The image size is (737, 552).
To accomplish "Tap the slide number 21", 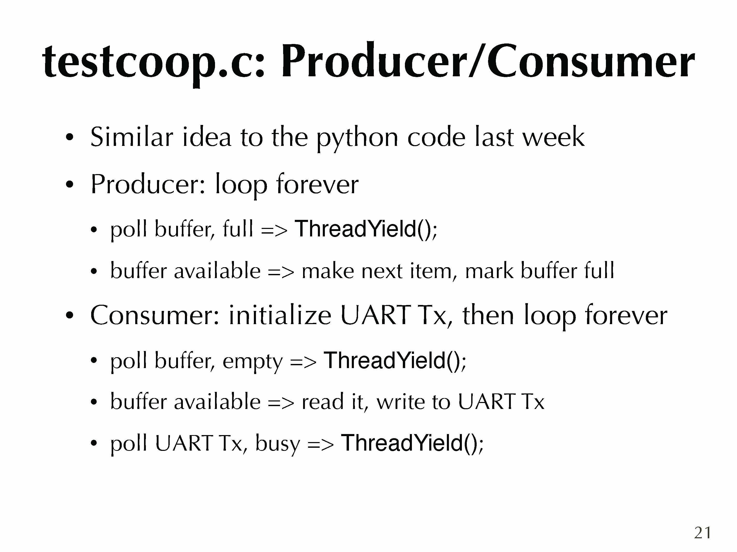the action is pos(702,533).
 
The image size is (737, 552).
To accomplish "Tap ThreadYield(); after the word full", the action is pos(366,229).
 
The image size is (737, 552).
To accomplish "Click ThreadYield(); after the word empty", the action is pos(395,360).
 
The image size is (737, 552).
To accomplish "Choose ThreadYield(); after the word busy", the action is pos(412,443).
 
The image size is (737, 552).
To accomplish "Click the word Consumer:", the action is pos(155,315).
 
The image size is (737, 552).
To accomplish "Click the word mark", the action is pos(489,271).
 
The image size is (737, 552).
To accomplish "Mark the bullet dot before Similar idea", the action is pos(69,137).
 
